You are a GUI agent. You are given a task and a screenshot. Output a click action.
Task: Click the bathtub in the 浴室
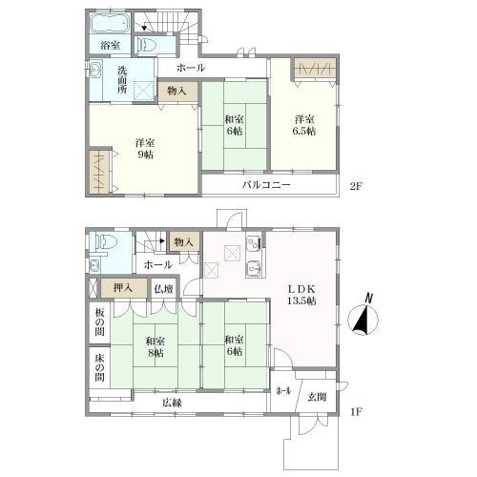tap(110, 23)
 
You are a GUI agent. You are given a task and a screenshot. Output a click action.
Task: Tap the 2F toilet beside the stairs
tap(146, 45)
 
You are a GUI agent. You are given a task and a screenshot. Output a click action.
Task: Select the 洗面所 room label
tap(122, 79)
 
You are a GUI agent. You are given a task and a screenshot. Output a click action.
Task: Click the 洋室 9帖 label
tap(145, 149)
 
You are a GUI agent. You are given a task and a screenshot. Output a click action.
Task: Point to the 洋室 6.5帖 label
tap(304, 125)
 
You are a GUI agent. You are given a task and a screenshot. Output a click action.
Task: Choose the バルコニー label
tap(266, 185)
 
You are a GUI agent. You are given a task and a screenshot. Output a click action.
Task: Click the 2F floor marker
tap(356, 186)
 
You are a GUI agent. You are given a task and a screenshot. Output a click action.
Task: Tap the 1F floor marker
tap(356, 412)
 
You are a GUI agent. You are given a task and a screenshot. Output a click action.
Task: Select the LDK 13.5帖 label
tap(301, 295)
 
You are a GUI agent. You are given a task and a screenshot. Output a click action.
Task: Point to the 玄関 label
tap(317, 397)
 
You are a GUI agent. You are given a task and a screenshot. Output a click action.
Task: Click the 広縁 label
tap(172, 403)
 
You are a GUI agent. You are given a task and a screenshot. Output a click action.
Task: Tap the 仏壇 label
tap(163, 289)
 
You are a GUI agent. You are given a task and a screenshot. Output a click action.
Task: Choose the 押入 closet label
tap(123, 288)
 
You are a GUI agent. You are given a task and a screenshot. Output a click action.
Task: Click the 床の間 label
tap(99, 367)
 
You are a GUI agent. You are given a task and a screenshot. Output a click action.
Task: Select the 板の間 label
tap(99, 322)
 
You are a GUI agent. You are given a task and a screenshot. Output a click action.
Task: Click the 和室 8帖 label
tap(156, 347)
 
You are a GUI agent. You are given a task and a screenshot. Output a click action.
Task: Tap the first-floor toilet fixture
tap(108, 242)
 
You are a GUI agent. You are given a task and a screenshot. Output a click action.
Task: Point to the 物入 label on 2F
tap(176, 91)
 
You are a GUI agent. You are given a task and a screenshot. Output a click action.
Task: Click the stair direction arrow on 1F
tap(162, 240)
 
